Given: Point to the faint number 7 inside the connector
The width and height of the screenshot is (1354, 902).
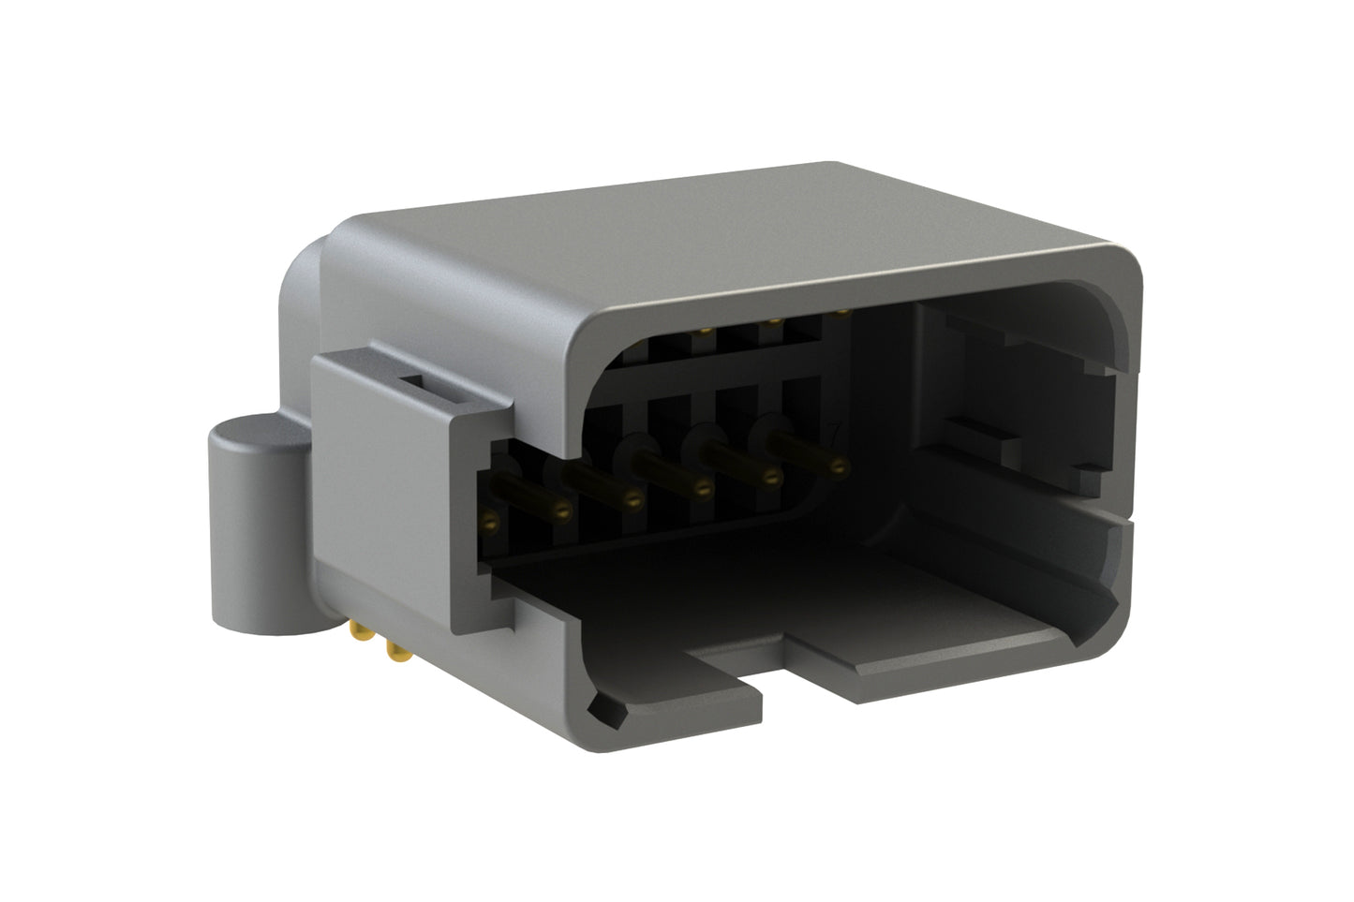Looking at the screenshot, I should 833,433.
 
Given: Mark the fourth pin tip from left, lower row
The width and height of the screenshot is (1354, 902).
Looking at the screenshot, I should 704,488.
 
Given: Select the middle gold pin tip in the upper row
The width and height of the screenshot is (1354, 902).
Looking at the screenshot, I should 774,321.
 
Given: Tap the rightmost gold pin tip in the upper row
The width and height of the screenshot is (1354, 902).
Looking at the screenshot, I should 841,311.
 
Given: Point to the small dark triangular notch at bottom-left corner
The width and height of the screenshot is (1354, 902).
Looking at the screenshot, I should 604,712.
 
